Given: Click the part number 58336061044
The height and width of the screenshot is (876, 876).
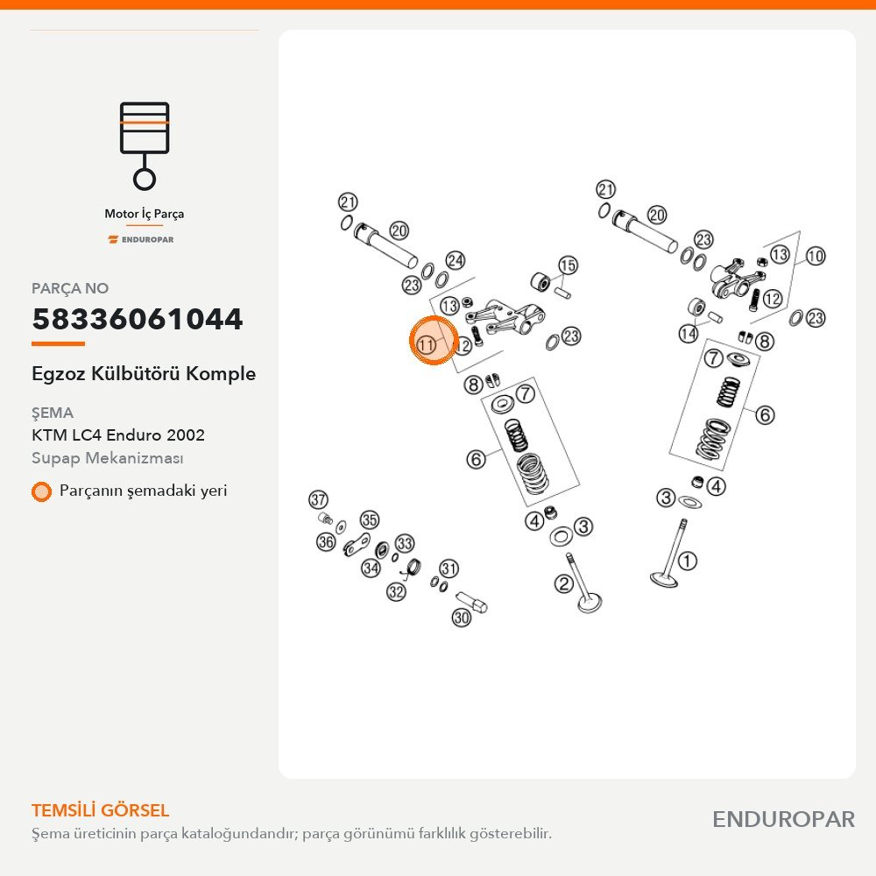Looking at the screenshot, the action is [138, 319].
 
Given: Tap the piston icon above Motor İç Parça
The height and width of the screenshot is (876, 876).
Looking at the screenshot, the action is [145, 145].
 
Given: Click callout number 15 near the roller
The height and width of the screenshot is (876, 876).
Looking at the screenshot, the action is [568, 265].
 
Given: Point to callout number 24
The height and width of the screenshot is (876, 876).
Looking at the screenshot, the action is [456, 260].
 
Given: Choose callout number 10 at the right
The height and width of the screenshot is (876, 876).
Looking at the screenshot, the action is [815, 257].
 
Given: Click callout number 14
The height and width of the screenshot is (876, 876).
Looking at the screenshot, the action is [689, 334].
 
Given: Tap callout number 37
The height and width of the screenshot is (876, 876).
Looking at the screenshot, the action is [319, 499].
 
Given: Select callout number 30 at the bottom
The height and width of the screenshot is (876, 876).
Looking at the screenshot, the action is [462, 618].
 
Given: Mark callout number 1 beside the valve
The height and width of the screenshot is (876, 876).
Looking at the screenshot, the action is [687, 561].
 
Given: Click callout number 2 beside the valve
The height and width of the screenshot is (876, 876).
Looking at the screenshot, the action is [563, 584].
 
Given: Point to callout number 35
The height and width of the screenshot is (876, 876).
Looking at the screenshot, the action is [370, 520].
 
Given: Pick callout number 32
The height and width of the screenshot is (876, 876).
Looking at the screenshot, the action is [396, 591].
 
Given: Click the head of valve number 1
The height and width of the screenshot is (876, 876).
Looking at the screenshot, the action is [664, 579].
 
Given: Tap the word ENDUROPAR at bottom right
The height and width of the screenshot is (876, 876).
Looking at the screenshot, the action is [783, 819].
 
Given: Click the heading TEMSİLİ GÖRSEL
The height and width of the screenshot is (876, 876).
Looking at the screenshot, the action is [101, 810].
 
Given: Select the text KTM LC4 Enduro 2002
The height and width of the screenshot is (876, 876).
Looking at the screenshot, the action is [118, 434].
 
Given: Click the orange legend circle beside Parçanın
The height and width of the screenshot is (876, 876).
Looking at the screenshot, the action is [41, 491].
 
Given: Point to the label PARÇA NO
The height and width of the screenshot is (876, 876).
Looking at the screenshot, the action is [70, 288].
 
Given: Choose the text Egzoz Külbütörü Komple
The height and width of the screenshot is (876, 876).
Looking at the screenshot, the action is [144, 373].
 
